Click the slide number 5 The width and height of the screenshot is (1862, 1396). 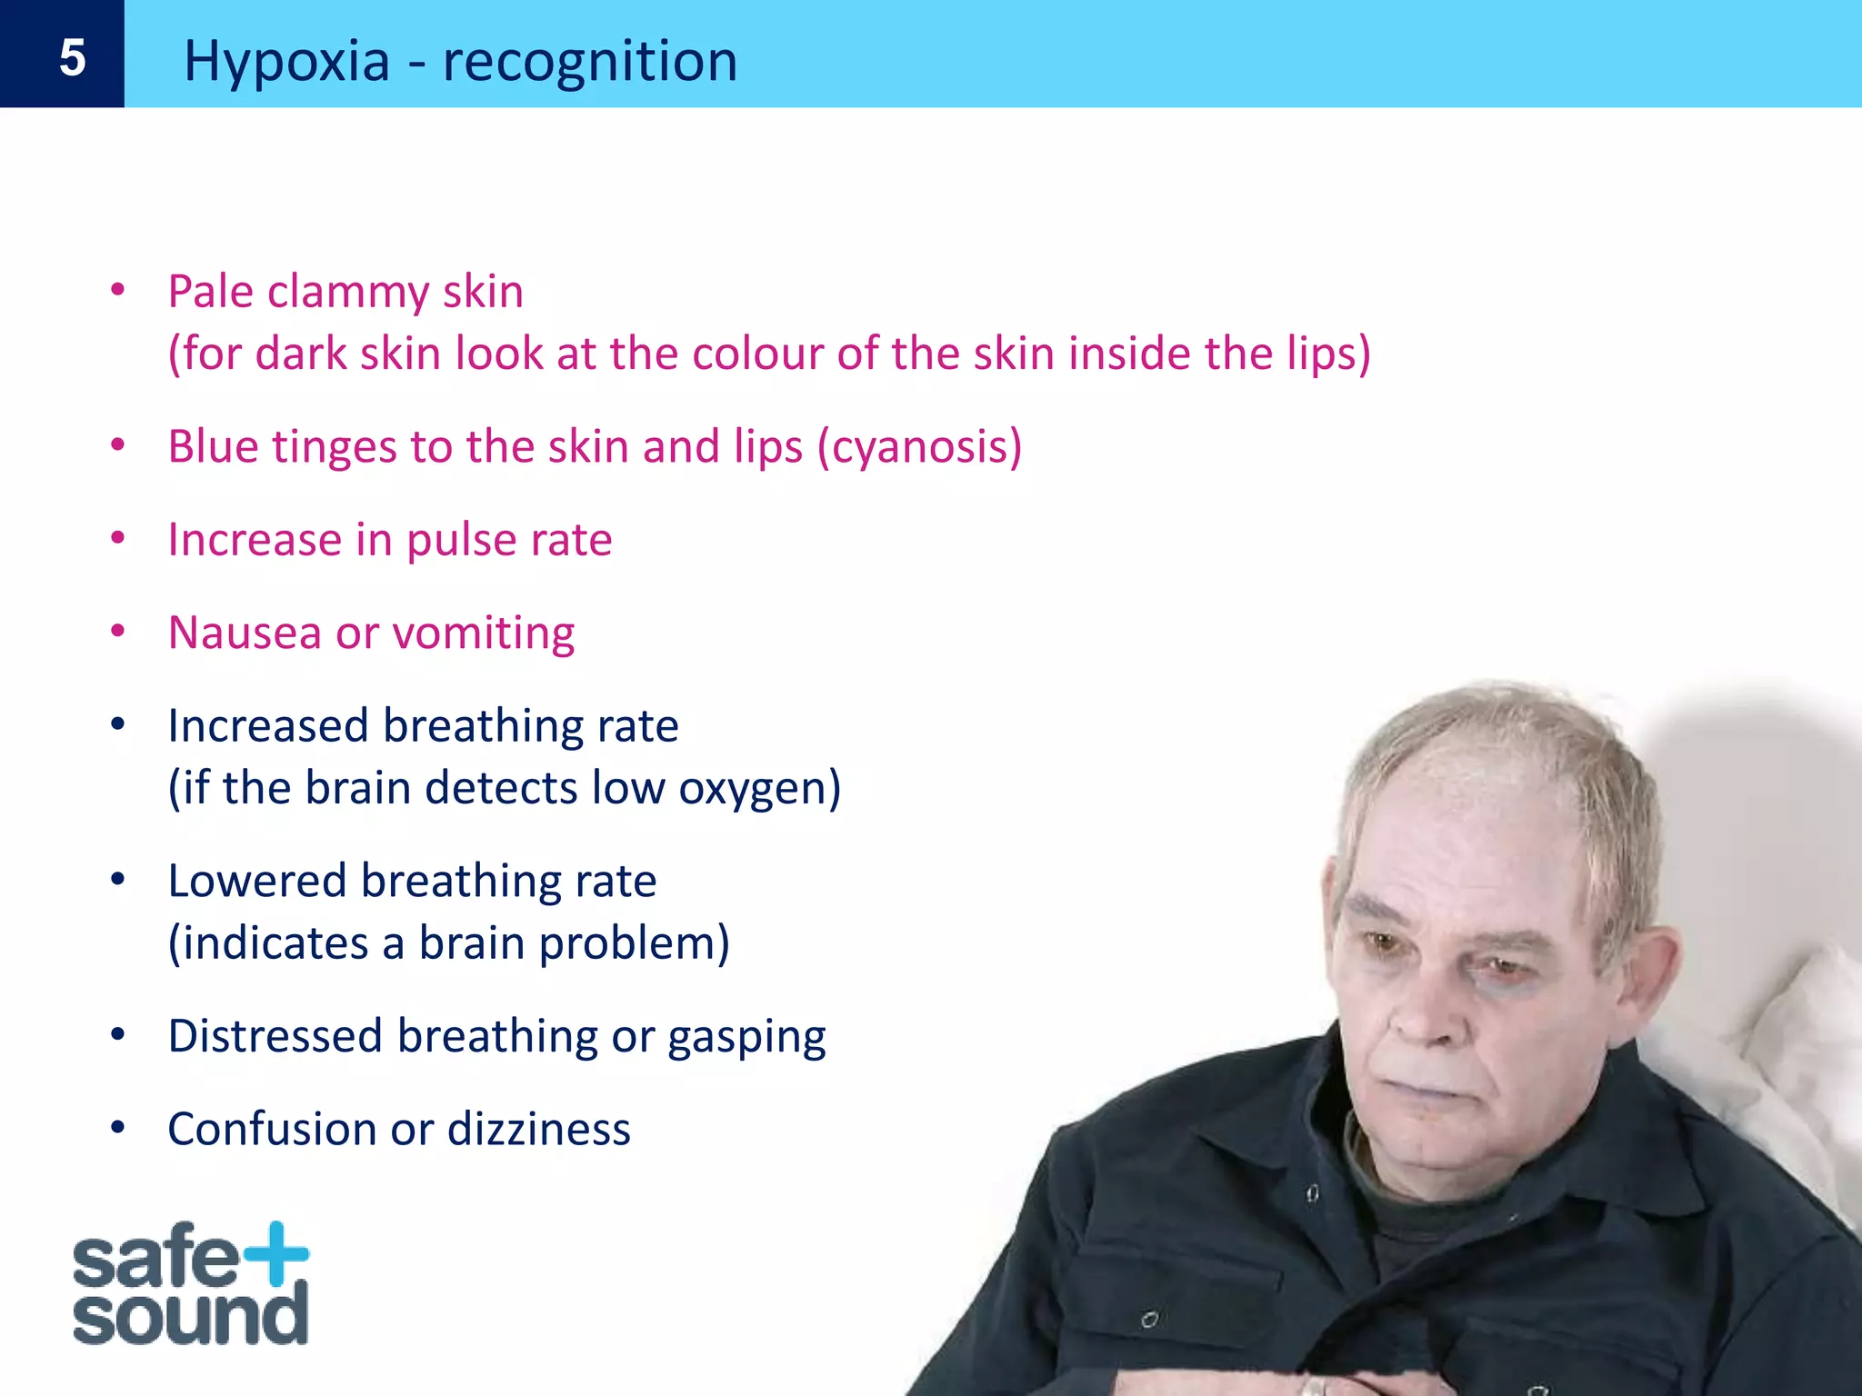point(72,58)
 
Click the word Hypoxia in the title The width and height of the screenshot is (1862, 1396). point(286,62)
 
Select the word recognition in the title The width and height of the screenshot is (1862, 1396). point(589,62)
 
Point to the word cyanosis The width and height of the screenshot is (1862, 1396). point(919,447)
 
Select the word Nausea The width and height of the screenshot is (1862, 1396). point(245,633)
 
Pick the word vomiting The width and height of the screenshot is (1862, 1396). point(484,633)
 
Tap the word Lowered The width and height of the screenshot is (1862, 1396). point(257,881)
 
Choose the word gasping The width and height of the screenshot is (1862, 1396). point(746,1037)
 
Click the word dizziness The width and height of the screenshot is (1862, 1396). point(538,1129)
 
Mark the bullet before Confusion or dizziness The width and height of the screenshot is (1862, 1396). point(117,1127)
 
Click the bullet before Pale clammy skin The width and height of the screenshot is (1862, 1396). point(117,290)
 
